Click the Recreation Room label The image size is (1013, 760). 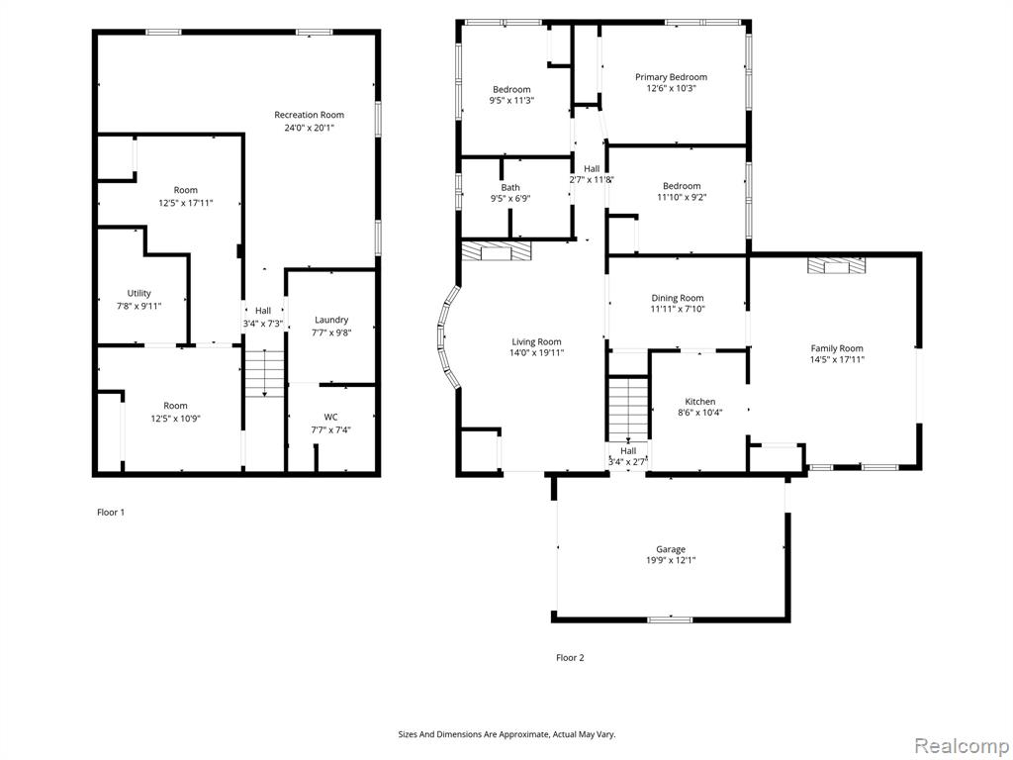[309, 115]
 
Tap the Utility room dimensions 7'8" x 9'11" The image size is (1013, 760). [138, 306]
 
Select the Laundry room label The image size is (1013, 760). [331, 320]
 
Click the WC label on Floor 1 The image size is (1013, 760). [330, 417]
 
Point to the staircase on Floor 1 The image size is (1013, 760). [264, 373]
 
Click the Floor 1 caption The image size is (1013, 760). [111, 513]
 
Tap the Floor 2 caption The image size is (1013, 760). [570, 658]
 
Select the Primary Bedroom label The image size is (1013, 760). [671, 77]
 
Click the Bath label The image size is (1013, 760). [510, 188]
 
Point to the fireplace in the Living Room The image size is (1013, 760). [497, 250]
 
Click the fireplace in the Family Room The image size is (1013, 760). [837, 265]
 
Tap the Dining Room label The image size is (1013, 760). [677, 298]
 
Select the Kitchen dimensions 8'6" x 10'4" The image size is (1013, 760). [700, 413]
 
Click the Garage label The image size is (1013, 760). [671, 549]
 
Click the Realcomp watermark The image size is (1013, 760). [960, 746]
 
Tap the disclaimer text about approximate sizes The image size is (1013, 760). [506, 735]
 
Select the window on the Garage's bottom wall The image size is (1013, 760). [670, 619]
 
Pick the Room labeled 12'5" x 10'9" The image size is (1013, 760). [175, 413]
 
